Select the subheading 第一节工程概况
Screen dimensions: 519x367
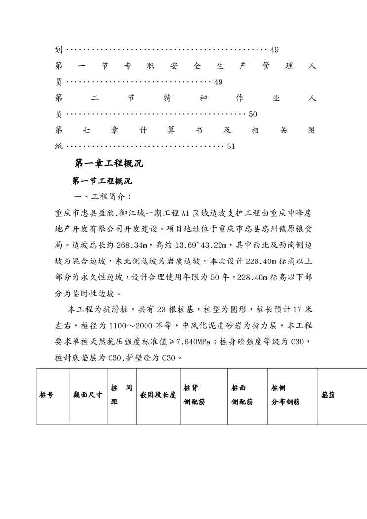coord(102,181)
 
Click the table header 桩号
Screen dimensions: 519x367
coord(47,395)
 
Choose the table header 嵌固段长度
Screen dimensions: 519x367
coord(158,395)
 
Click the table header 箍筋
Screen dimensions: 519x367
coord(329,395)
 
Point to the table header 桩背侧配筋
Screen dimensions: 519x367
coord(194,395)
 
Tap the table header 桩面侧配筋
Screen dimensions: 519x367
coord(242,395)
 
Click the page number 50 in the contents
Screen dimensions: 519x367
coord(253,114)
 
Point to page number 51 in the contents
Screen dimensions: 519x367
coord(231,146)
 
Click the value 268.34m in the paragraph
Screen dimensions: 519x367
coord(134,245)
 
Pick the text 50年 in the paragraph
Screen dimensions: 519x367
coord(233,277)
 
